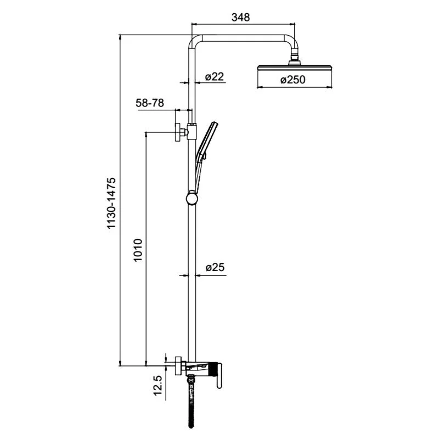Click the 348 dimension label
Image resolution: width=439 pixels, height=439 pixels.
coord(240,17)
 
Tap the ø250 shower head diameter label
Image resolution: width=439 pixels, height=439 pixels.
coord(292,80)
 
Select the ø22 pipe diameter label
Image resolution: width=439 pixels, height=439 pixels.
coord(215,77)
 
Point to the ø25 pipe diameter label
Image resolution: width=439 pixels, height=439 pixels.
coord(215,267)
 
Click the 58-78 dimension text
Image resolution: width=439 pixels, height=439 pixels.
coord(150,103)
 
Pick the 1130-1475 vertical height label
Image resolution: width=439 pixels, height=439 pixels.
coord(111,204)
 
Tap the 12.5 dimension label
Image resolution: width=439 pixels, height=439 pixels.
coord(157,386)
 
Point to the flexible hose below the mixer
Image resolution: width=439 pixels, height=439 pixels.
coord(191,406)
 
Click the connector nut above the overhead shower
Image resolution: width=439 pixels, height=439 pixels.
coord(295,58)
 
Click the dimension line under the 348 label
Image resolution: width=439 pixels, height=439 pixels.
coord(243,24)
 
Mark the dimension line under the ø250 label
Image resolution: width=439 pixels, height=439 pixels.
coord(295,87)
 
